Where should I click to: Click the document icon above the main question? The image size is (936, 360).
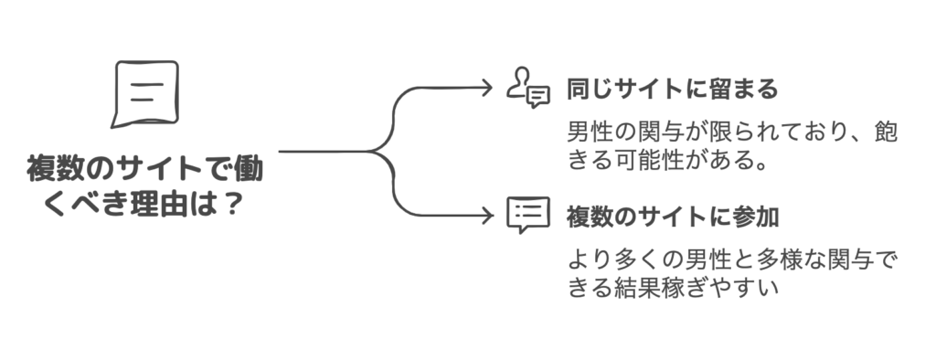coord(145,94)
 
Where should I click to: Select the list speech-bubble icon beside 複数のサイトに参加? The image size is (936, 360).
coord(528,216)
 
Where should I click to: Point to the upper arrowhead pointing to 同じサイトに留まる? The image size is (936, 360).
coord(486,89)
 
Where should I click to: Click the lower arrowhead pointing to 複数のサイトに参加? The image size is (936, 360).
coord(486,216)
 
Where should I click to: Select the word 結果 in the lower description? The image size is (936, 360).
coord(636,287)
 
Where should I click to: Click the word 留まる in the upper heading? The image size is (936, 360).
coord(740,90)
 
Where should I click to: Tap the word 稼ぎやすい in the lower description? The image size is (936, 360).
coord(718,287)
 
